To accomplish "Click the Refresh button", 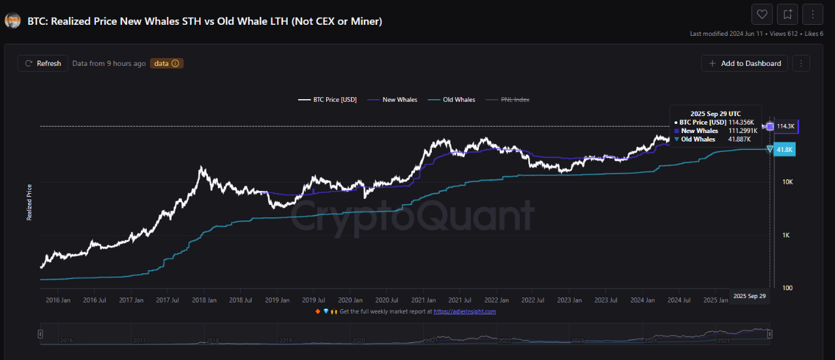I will pos(43,63).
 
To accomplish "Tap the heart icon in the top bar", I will pos(761,14).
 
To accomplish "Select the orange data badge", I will pos(166,63).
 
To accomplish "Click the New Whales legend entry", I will pos(394,100).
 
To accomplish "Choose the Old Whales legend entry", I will pos(453,100).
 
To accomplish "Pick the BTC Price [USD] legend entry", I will pos(328,100).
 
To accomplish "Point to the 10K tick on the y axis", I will pos(787,182).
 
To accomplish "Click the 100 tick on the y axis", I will pos(787,288).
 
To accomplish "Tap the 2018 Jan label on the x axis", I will pos(204,300).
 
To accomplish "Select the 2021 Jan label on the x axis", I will pos(423,300).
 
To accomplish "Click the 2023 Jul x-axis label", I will pos(606,300).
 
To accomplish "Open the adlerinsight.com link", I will pos(464,312).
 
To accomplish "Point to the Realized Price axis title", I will pos(29,202).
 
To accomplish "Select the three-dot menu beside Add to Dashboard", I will pos(800,63).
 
